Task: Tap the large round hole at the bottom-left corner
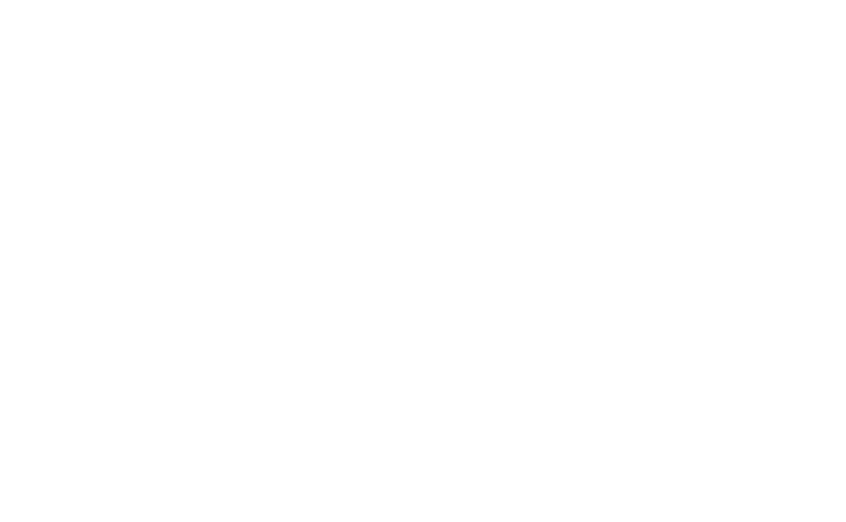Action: tap(69, 432)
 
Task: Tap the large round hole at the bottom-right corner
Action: tap(300, 432)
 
